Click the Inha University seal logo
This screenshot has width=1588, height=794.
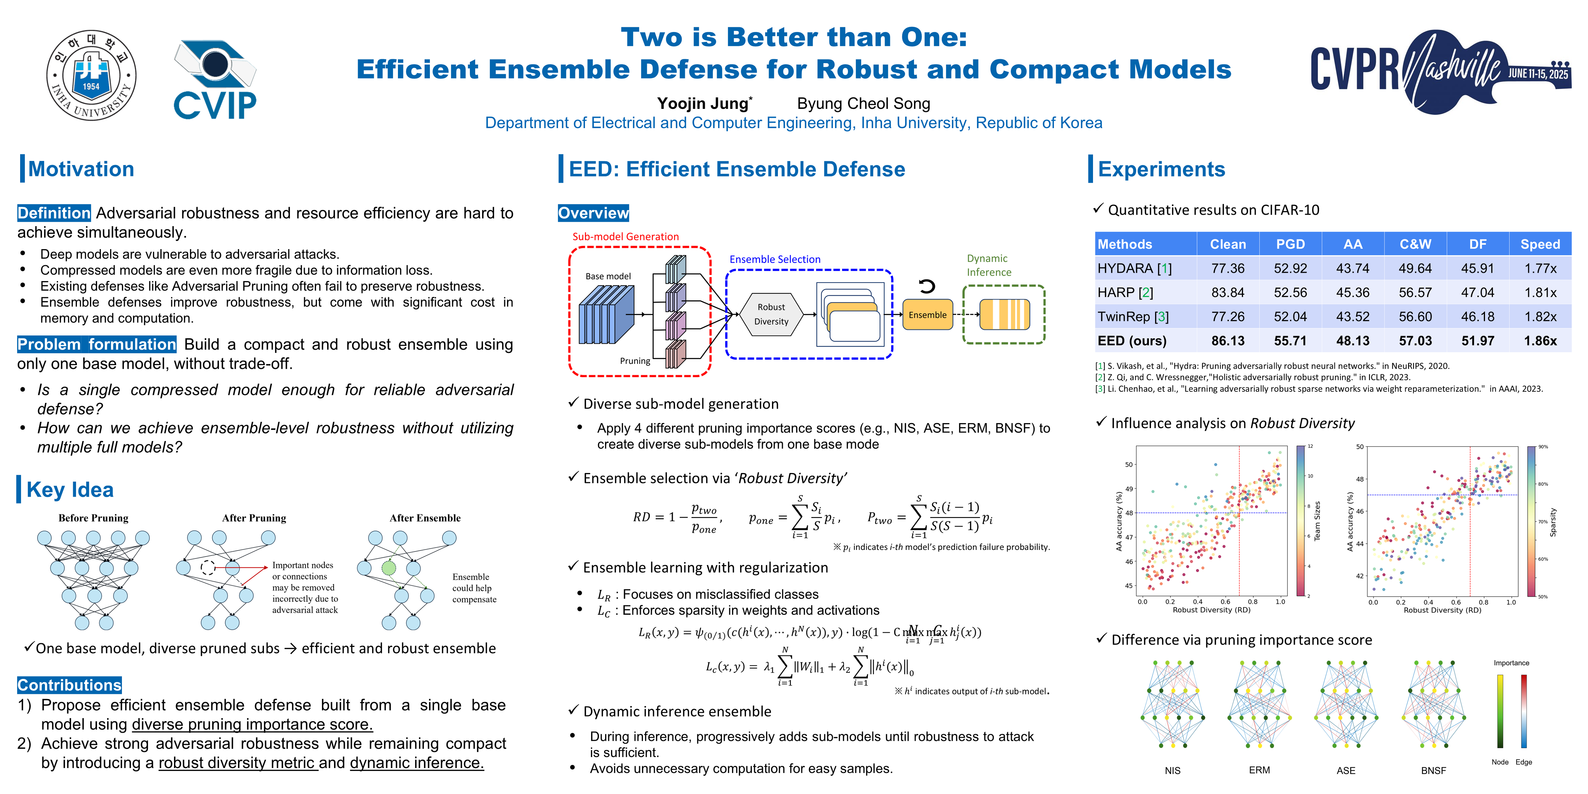pos(91,75)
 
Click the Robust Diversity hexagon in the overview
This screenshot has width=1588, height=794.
pos(771,314)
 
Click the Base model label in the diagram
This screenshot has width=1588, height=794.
pos(608,276)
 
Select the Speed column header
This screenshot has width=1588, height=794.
pos(1540,244)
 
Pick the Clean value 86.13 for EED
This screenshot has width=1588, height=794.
pos(1227,341)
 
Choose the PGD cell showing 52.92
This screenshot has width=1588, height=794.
pos(1290,268)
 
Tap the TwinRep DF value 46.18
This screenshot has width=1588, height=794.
pos(1478,317)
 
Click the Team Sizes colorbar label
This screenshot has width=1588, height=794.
pos(1317,521)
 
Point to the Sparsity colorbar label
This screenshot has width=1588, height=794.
pos(1553,522)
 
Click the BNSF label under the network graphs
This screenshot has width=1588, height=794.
pos(1433,770)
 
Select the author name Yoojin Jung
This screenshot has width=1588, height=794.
pos(703,104)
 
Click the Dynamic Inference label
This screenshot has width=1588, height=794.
pos(988,265)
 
